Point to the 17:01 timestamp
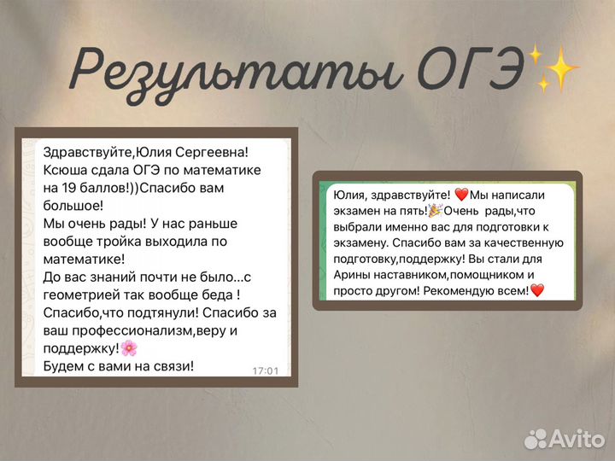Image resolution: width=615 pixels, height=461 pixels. click(266, 371)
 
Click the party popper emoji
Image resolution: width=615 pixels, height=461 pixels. click(436, 211)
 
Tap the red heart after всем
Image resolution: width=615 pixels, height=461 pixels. click(537, 290)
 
